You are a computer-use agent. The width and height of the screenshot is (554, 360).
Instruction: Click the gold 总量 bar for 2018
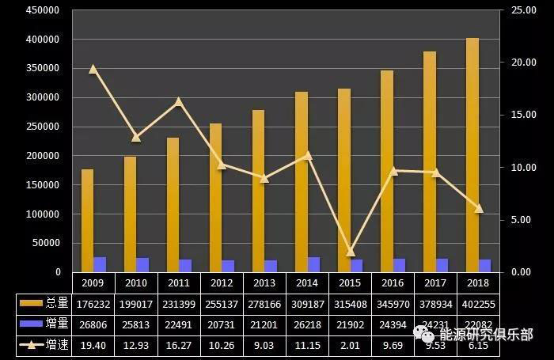coord(472,154)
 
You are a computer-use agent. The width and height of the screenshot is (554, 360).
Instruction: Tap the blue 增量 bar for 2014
coord(314,264)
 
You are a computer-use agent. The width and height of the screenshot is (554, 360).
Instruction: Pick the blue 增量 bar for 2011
coord(185,265)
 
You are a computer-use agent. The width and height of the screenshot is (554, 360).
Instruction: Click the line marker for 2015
coord(351,252)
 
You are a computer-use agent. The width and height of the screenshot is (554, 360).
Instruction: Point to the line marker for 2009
coord(93,69)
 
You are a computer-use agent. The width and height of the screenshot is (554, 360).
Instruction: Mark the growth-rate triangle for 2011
coord(179,101)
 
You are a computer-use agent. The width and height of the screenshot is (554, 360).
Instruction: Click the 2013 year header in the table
coord(264,282)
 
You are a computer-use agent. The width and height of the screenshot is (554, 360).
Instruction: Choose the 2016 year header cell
coord(393,282)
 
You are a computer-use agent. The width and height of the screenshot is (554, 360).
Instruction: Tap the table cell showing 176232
coord(93,302)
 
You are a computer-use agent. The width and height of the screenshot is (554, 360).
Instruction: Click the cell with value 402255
coord(478,302)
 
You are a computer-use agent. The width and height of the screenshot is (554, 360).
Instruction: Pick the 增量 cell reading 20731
coord(222,324)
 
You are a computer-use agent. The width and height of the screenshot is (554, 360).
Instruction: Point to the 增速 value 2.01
coord(350,345)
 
